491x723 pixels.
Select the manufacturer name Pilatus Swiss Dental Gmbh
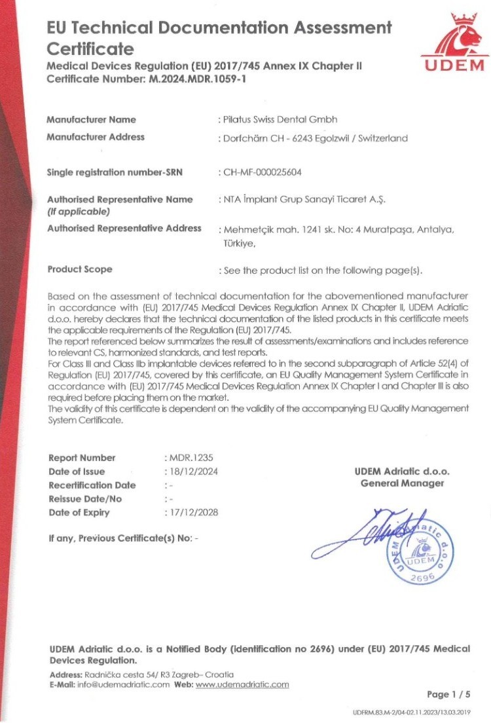[280, 119]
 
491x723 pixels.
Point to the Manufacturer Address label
[96, 137]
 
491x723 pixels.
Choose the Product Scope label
[79, 269]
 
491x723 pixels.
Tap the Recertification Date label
[92, 485]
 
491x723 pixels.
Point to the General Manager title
[402, 483]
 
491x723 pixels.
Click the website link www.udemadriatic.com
[242, 684]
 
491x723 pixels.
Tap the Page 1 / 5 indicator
[448, 694]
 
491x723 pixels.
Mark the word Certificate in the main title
[90, 49]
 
